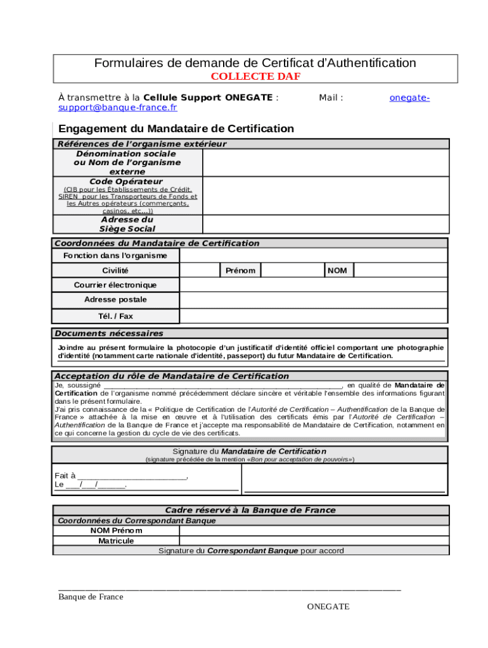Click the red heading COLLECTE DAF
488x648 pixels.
[x=255, y=77]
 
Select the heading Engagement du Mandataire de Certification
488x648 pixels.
[x=176, y=128]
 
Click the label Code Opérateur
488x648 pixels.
[x=127, y=182]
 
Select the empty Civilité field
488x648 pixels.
[x=200, y=270]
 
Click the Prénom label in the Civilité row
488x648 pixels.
[x=240, y=271]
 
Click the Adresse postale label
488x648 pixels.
[x=115, y=300]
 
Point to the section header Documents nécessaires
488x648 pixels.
[x=109, y=333]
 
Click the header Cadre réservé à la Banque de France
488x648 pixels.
[x=250, y=510]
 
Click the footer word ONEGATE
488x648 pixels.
[x=328, y=607]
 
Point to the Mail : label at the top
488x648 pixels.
[x=331, y=97]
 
